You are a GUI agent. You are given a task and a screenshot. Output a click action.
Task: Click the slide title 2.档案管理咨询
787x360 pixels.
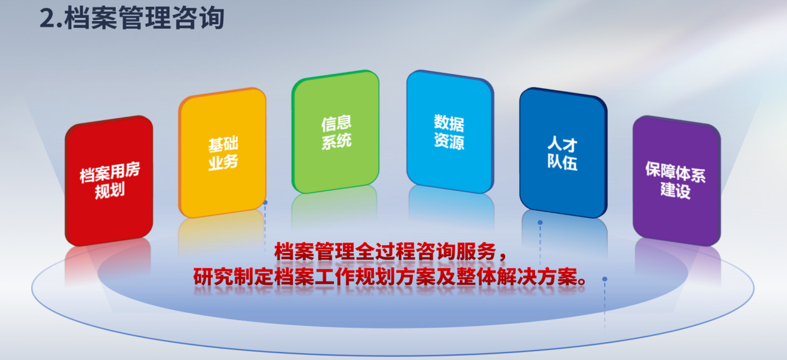click(132, 18)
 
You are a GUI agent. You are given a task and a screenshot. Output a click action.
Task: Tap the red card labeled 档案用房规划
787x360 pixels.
click(109, 180)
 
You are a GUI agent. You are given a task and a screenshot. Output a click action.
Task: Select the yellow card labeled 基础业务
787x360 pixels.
click(222, 152)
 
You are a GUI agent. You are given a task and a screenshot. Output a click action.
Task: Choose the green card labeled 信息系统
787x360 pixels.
click(335, 131)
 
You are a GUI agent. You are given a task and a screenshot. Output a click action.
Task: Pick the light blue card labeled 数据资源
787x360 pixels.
click(450, 131)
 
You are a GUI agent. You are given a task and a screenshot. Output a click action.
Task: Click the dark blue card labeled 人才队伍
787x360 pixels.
click(563, 152)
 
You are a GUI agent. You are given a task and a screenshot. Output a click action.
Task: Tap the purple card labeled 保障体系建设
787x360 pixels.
click(677, 180)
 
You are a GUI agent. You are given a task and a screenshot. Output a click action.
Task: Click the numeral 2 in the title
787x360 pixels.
click(47, 19)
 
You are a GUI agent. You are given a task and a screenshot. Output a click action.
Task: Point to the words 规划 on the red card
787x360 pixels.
click(109, 191)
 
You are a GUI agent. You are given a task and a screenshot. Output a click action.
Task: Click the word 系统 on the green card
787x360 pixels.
click(336, 142)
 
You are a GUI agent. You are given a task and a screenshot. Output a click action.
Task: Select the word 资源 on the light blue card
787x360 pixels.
click(449, 141)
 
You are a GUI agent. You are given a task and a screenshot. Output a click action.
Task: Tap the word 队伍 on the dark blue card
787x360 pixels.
click(562, 162)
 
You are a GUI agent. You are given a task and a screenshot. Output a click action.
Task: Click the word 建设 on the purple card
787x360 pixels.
click(675, 190)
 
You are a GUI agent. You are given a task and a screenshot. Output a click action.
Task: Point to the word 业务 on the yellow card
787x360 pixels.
click(223, 162)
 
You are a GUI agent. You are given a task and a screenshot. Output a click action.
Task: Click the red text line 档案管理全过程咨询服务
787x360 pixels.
click(384, 251)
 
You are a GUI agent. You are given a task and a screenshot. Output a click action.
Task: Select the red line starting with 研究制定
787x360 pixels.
click(389, 277)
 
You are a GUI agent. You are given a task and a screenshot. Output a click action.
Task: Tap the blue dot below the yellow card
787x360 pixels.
click(265, 203)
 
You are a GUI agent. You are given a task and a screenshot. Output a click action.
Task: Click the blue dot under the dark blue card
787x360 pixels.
click(540, 223)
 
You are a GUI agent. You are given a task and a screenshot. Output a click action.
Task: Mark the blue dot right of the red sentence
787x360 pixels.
click(605, 279)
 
